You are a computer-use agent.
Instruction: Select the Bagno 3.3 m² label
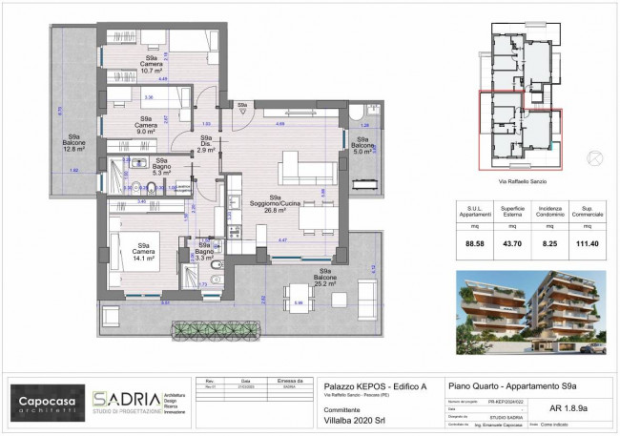(x=204, y=251)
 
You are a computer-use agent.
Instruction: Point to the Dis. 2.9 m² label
(x=205, y=144)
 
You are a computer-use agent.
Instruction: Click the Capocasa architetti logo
(x=46, y=399)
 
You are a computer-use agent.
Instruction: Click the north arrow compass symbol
(x=596, y=155)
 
